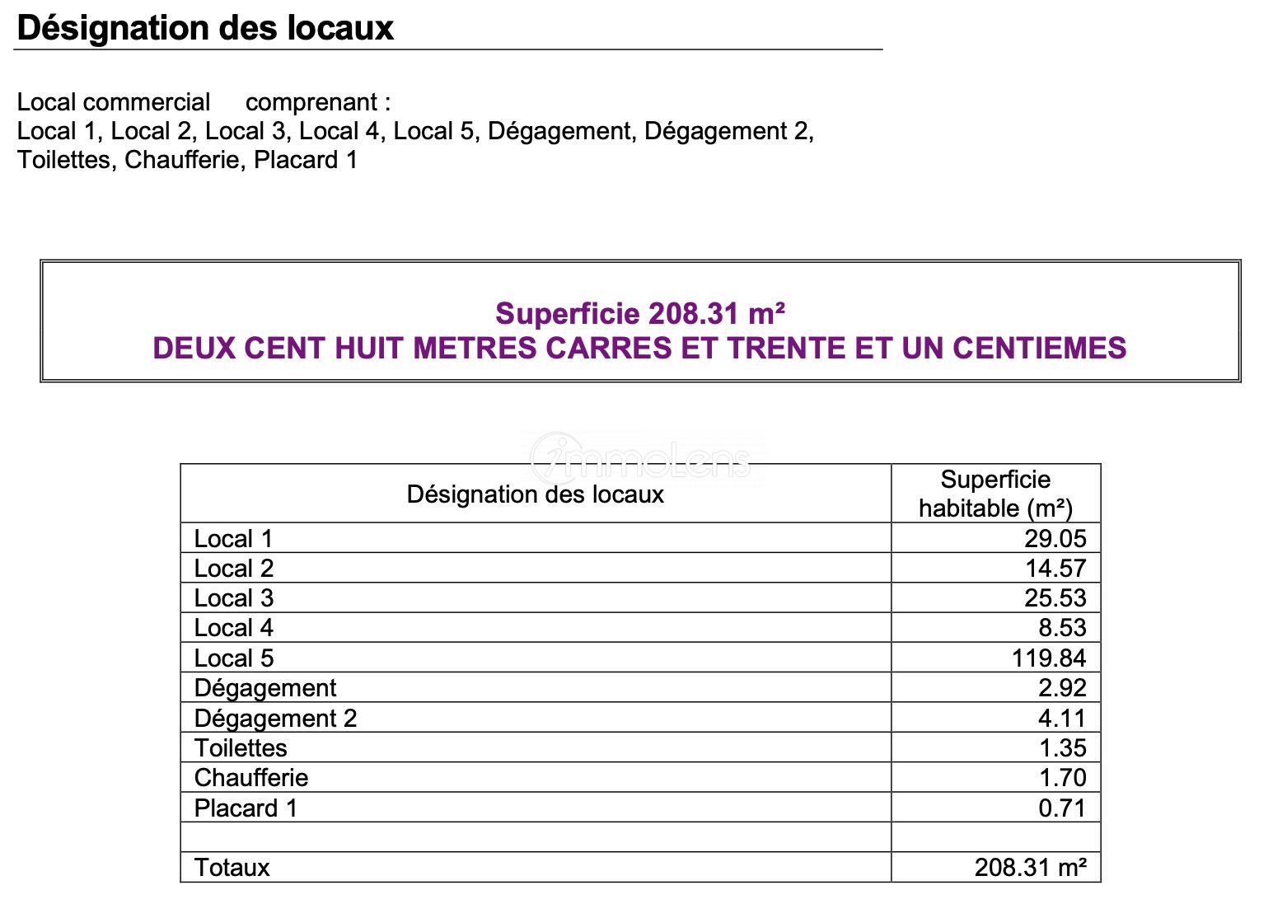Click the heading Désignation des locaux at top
(205, 28)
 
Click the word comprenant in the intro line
(311, 102)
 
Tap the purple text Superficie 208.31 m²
(639, 314)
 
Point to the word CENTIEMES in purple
(1039, 348)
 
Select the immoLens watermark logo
(641, 458)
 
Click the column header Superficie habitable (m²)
(995, 494)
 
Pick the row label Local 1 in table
(233, 539)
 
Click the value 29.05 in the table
(1055, 539)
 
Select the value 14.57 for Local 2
(1055, 569)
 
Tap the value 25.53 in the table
(1055, 598)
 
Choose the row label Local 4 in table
(233, 628)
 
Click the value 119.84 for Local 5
(1049, 658)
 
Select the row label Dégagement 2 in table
(275, 719)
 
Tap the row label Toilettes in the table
(241, 748)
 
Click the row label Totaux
(232, 868)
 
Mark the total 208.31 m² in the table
(1030, 868)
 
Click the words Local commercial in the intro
(114, 102)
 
